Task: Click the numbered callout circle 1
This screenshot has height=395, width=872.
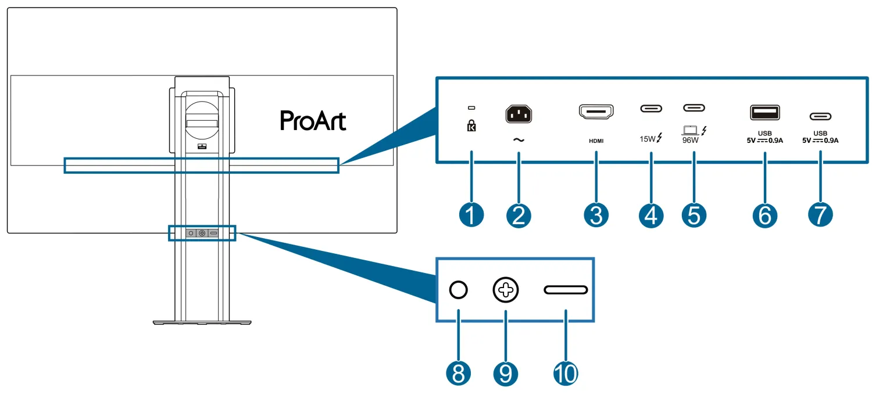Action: point(471,216)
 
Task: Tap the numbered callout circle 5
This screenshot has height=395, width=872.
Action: point(694,216)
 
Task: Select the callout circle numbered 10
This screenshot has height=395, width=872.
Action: point(566,374)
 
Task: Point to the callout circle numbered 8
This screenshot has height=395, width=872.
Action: point(459,374)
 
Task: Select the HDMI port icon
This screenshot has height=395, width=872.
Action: point(596,113)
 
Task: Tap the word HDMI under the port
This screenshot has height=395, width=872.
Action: point(596,141)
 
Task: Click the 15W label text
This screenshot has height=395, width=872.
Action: point(648,139)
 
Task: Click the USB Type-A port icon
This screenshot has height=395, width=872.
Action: point(764,112)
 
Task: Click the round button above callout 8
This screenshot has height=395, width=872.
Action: point(459,289)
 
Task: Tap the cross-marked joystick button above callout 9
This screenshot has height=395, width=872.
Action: point(505,289)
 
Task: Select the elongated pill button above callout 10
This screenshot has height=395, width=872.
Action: point(566,289)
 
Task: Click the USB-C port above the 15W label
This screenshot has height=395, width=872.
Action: point(651,108)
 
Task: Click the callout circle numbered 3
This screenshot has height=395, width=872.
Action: point(596,216)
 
